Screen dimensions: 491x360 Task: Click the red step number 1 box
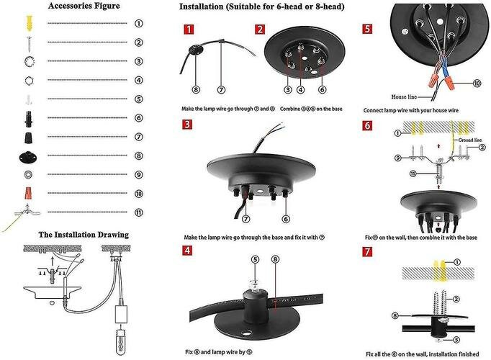point(189,30)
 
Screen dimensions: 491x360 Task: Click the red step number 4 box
point(189,251)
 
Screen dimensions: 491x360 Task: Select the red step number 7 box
point(368,252)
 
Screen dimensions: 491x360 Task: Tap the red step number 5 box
point(368,30)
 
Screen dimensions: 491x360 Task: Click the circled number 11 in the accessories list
point(138,212)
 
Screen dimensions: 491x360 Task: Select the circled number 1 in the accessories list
point(138,23)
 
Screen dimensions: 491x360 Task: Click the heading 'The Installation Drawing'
point(84,235)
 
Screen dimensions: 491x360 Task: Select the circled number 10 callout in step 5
point(476,84)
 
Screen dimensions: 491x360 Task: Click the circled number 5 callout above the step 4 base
point(253,259)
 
